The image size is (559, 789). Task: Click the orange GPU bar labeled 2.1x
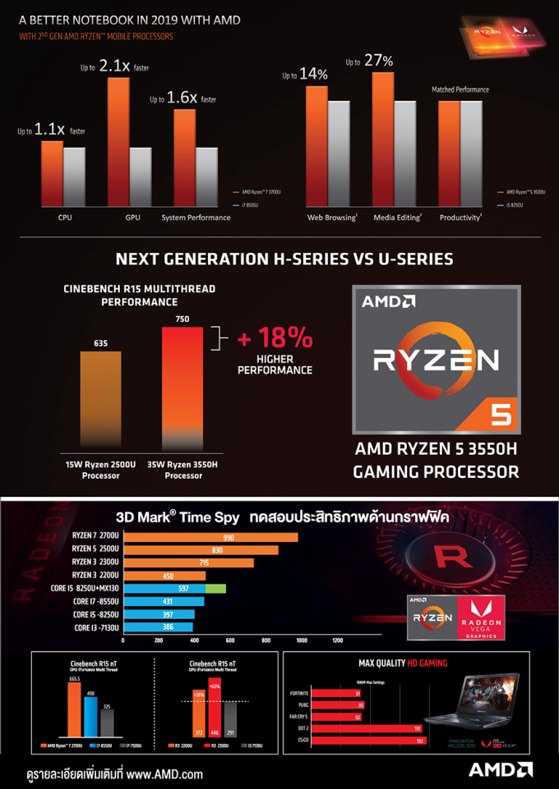point(118,139)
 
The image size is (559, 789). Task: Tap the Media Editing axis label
point(397,218)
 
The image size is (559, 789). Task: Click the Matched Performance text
point(460,89)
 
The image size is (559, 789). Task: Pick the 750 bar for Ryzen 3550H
point(182,386)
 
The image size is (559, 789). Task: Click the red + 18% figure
point(275,338)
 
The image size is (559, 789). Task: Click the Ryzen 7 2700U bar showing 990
point(210,537)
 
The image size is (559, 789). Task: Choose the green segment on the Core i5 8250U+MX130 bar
point(215,588)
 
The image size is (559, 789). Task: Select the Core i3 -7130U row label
point(96,627)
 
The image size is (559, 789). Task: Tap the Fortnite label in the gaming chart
point(299,694)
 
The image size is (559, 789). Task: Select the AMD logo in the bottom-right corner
point(501,770)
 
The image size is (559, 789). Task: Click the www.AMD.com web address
point(164,773)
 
